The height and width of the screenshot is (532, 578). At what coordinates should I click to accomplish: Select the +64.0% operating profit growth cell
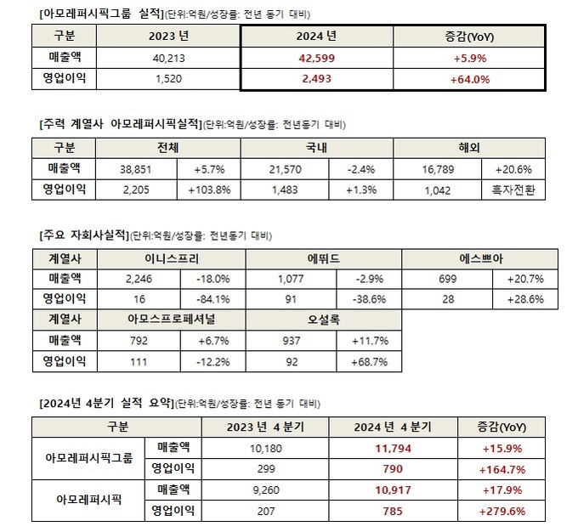click(469, 79)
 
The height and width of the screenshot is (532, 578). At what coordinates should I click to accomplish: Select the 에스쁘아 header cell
click(479, 258)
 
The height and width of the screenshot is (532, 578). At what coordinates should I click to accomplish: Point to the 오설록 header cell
click(324, 320)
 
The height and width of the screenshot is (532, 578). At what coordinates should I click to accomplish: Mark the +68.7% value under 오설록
click(368, 362)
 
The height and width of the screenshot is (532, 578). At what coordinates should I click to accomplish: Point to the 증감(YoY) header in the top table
click(469, 37)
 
